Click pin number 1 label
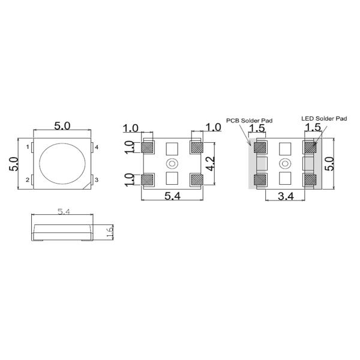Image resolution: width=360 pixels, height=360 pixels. click(28, 147)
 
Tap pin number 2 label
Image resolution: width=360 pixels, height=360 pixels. click(28, 180)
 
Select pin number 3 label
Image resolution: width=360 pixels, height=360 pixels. click(97, 180)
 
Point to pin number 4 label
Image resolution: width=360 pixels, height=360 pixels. click(97, 147)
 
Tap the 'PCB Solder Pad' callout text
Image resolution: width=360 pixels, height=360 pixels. click(250, 121)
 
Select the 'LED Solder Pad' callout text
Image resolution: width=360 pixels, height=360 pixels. click(324, 119)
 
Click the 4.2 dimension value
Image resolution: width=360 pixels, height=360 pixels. click(211, 164)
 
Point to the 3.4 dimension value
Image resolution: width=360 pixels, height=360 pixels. click(286, 196)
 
